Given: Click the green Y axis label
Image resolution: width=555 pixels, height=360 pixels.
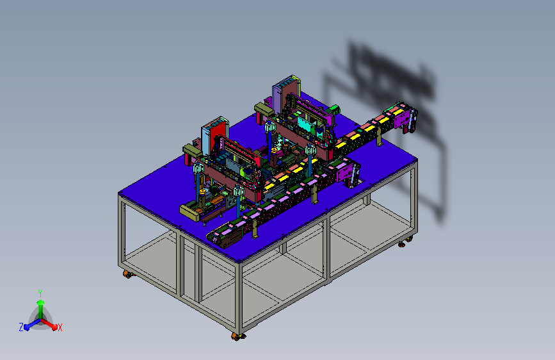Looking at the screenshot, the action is (x=40, y=293).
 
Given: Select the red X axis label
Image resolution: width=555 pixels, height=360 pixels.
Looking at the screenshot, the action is (x=60, y=327).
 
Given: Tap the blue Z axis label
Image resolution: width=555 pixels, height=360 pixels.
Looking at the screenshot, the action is (x=21, y=327).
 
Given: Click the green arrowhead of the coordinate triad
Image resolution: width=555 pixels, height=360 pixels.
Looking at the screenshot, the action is (x=40, y=302).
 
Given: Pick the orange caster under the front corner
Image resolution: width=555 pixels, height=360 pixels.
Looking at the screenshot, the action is (x=237, y=336).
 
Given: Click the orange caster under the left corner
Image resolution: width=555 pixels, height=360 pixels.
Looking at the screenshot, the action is (x=127, y=274).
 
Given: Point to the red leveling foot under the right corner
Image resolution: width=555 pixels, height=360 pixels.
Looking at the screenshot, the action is (x=402, y=244).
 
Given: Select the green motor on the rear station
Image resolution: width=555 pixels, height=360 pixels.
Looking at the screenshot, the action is (x=335, y=109).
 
